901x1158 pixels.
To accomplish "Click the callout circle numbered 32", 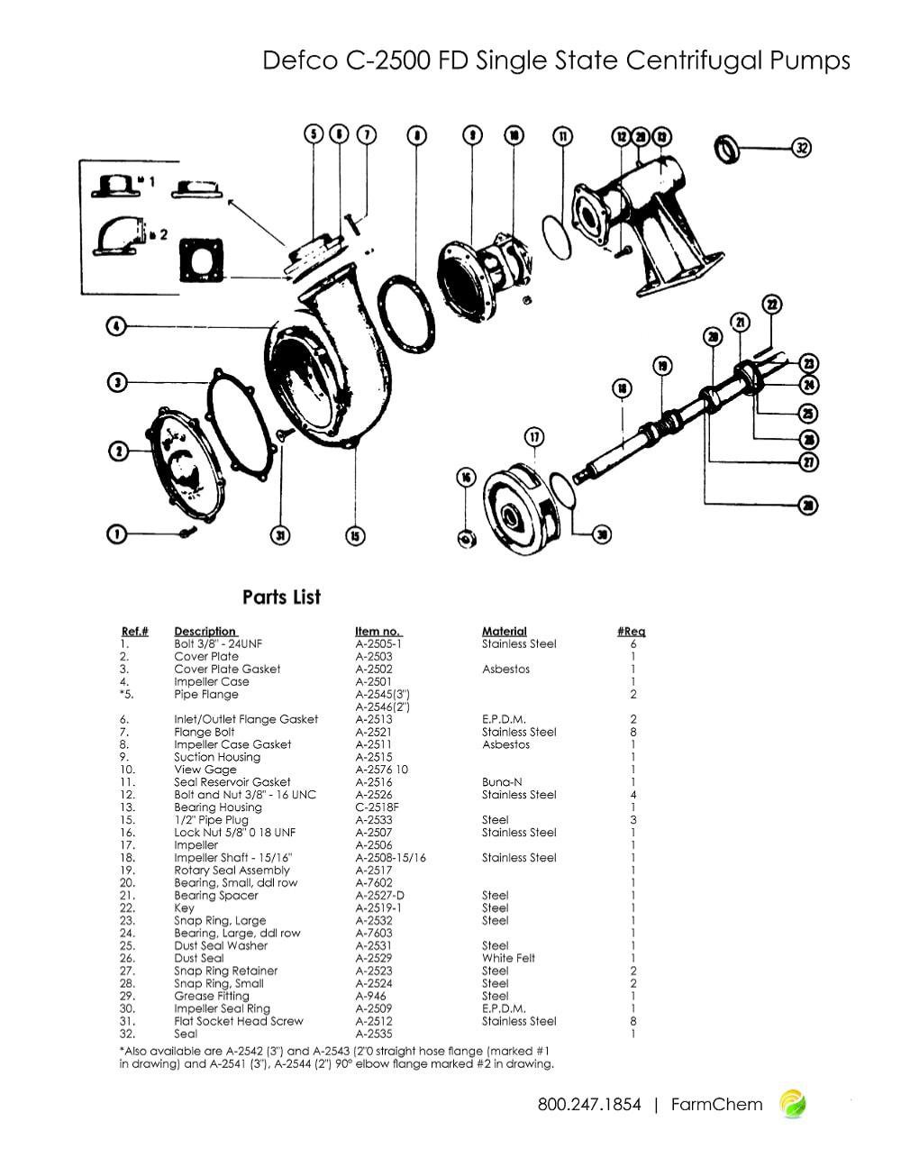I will (x=802, y=148).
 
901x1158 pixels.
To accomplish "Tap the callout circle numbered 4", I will (x=116, y=326).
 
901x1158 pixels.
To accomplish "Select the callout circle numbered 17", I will (x=535, y=437).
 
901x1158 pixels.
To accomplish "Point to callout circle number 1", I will (x=116, y=534).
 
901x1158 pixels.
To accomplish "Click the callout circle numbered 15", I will (x=356, y=536).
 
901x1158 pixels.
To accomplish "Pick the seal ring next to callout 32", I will (x=728, y=149).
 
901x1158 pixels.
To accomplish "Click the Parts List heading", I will (x=281, y=597).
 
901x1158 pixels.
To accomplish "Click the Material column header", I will (x=504, y=631).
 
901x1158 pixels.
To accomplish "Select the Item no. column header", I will (x=378, y=631).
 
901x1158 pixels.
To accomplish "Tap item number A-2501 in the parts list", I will (x=373, y=681).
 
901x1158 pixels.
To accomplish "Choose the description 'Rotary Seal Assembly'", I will (x=232, y=871).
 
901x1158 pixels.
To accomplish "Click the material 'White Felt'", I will (x=508, y=958).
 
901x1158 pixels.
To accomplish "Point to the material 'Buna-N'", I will (x=502, y=782).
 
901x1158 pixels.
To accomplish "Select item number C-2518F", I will (x=377, y=807).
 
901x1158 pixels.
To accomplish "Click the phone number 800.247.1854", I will (x=589, y=1104).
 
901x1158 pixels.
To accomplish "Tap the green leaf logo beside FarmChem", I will (x=793, y=1104).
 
